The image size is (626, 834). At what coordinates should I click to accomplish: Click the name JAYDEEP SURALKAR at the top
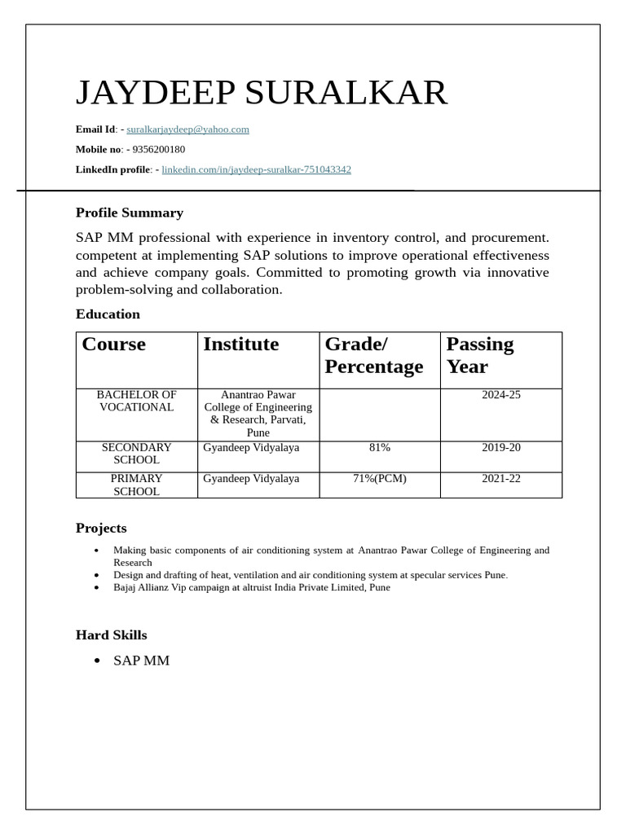262,93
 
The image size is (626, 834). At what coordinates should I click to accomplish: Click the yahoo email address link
187,129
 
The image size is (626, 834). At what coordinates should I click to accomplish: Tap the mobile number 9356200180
158,149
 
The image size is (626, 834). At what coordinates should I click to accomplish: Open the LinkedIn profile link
256,169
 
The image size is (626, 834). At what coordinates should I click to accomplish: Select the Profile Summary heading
130,213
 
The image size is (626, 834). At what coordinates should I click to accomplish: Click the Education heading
108,314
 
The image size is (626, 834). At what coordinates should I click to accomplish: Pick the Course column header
114,345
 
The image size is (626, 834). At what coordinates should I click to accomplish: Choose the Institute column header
240,345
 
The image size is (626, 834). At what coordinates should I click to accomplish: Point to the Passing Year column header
480,355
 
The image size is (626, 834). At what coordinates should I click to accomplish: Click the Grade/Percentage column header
373,355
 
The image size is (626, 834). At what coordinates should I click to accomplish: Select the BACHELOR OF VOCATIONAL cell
136,401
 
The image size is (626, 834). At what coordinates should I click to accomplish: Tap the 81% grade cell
380,447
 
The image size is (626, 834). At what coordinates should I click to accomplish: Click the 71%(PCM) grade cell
380,478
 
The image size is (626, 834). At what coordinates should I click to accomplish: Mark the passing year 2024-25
500,395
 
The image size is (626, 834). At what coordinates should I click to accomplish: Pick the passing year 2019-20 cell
500,447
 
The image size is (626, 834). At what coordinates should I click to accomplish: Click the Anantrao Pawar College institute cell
258,414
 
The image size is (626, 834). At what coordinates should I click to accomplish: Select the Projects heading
101,528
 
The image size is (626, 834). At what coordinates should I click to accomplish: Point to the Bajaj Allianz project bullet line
252,587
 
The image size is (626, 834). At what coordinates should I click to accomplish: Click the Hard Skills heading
112,634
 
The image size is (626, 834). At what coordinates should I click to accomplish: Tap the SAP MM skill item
142,661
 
